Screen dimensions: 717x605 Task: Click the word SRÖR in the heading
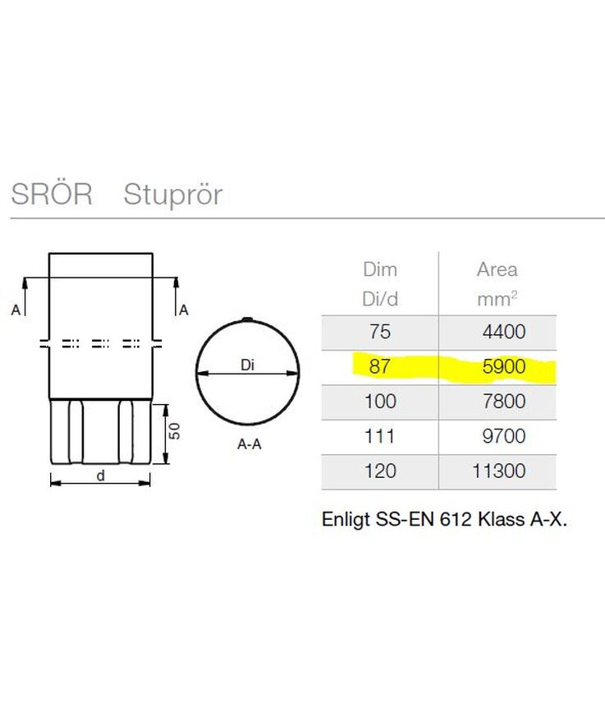[51, 195]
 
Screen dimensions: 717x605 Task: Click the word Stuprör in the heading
[172, 195]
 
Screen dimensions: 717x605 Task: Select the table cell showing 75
[379, 332]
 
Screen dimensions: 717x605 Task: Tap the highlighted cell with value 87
[379, 367]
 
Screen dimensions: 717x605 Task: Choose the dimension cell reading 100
[379, 402]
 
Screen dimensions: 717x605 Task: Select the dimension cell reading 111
[379, 436]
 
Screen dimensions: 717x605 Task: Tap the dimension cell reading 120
[379, 471]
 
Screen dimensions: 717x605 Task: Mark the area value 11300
[497, 471]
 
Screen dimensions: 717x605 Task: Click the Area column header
[497, 269]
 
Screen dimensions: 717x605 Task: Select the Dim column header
[379, 269]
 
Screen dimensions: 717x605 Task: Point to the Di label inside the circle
[246, 367]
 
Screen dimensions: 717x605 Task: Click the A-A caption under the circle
[250, 445]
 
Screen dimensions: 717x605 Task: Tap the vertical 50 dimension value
[174, 430]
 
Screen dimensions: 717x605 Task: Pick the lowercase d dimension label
[101, 474]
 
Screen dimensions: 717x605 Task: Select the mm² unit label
[497, 299]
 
